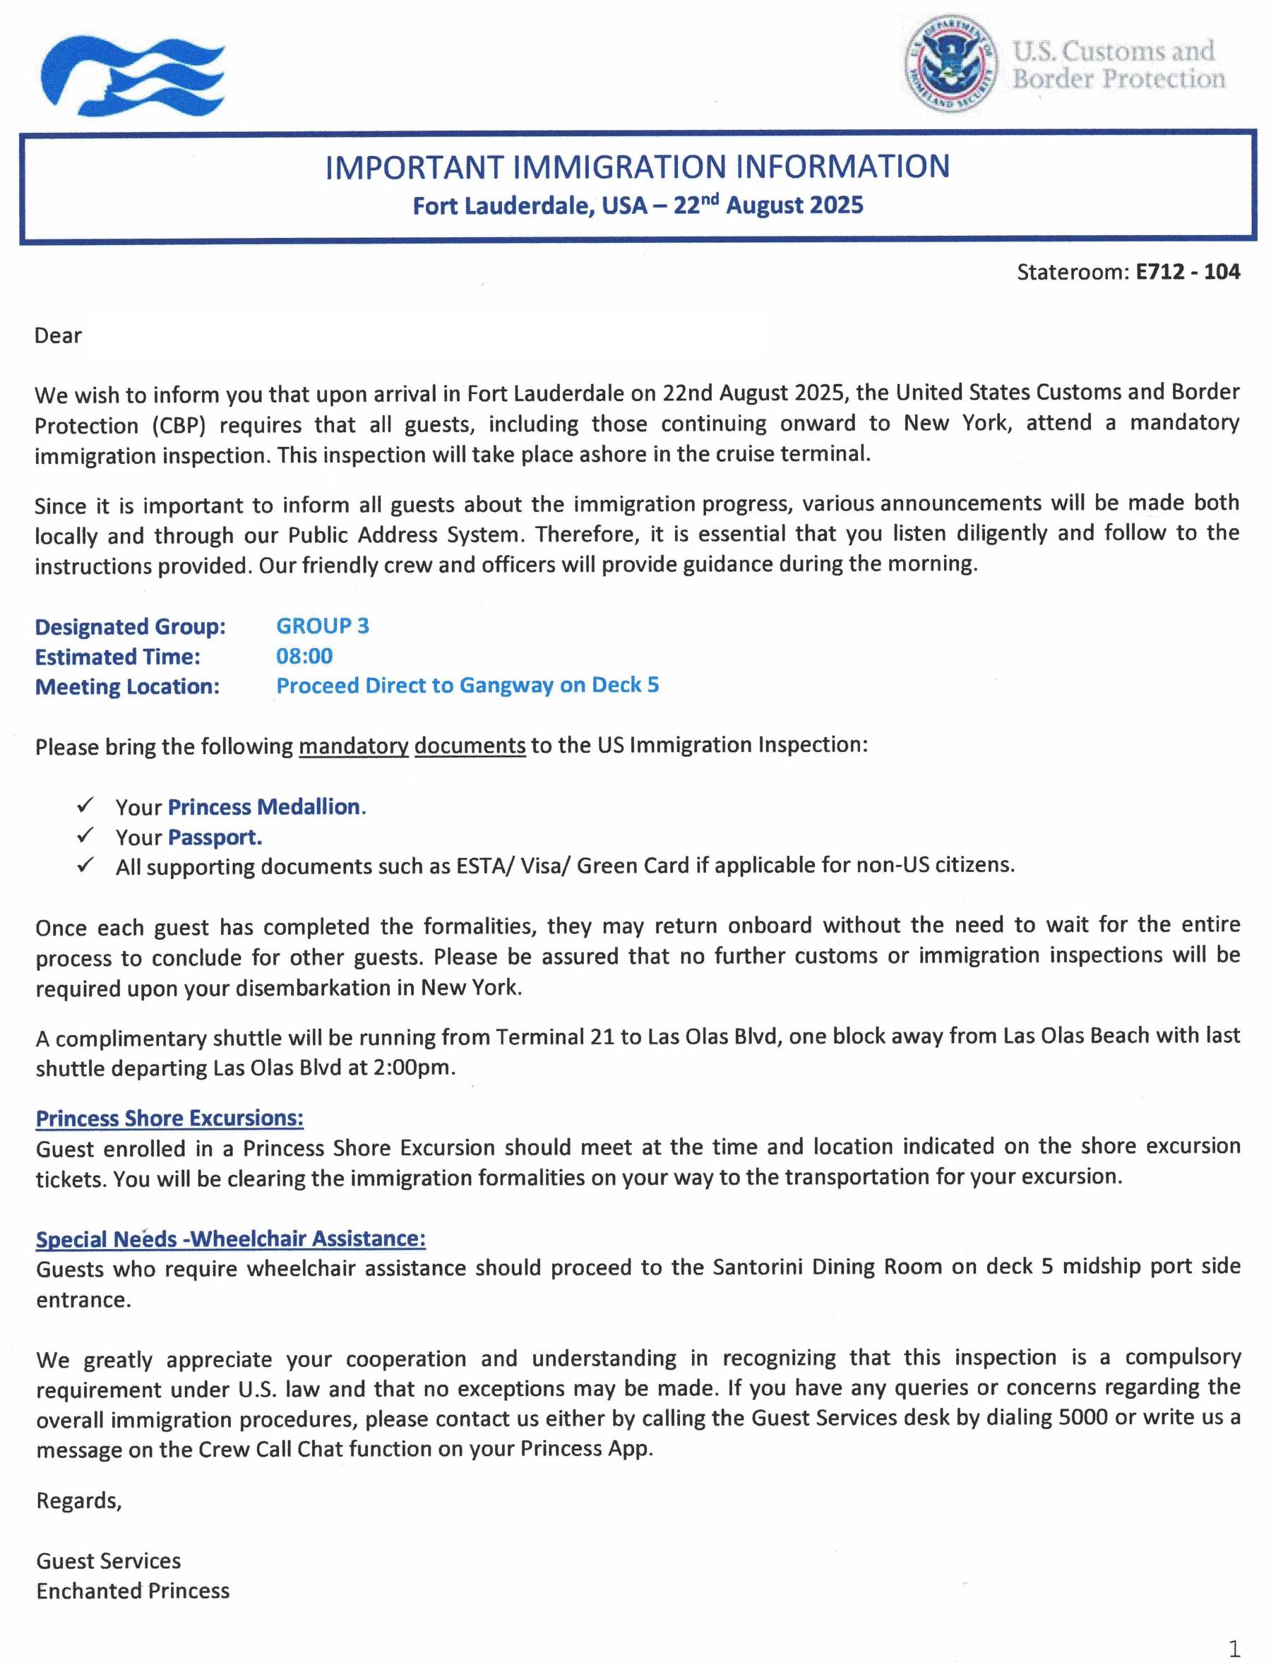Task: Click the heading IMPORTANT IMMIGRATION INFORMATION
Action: (x=637, y=167)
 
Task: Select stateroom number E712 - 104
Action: (x=1187, y=272)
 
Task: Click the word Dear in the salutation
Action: (x=58, y=336)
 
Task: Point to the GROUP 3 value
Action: (x=322, y=626)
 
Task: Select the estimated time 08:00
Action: (x=304, y=656)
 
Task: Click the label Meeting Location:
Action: (x=127, y=686)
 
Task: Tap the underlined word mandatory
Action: (x=353, y=746)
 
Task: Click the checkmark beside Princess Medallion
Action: (x=85, y=805)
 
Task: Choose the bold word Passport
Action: (x=215, y=837)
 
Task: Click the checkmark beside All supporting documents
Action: (x=85, y=865)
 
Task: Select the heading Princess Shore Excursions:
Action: (x=169, y=1118)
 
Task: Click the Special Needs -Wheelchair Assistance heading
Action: (x=231, y=1239)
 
